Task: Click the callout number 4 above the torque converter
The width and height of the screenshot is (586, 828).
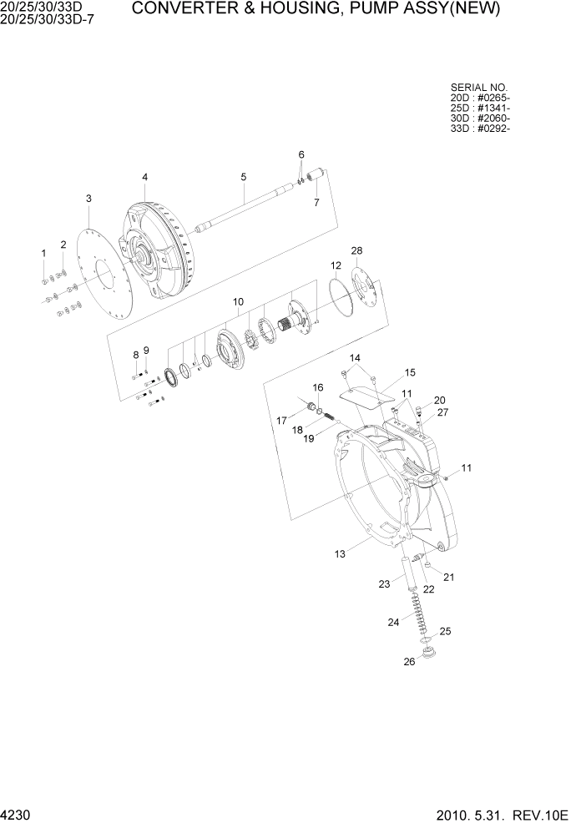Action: point(144,177)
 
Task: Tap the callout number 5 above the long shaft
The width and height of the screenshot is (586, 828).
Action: point(243,177)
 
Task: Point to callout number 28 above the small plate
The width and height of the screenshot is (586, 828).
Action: point(356,251)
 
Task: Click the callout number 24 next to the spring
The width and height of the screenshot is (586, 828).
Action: point(393,621)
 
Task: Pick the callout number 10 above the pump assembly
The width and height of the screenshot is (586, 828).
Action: point(238,300)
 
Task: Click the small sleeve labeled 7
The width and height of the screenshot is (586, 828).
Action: point(316,177)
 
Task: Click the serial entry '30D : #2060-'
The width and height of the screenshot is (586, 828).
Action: point(480,118)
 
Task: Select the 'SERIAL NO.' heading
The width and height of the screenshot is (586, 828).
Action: point(479,87)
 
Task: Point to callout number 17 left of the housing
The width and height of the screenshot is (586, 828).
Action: point(282,420)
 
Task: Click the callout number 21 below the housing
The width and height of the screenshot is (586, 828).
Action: point(448,577)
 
